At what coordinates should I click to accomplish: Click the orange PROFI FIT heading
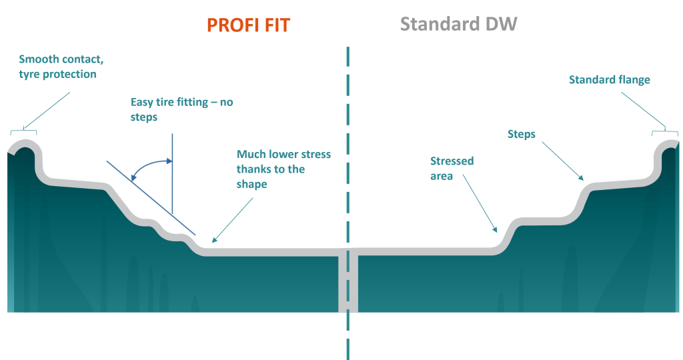click(248, 25)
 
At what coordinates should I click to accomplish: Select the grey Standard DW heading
click(458, 24)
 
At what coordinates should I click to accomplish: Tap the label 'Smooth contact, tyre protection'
click(61, 67)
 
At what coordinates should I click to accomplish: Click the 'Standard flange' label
click(610, 79)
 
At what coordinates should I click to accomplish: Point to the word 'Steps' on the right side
click(522, 134)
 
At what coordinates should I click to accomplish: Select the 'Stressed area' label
click(452, 169)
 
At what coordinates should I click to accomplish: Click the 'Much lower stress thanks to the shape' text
click(283, 169)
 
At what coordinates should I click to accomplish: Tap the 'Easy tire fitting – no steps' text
click(181, 109)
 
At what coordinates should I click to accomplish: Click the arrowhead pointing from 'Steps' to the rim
click(580, 177)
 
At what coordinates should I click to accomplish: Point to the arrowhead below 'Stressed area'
click(494, 229)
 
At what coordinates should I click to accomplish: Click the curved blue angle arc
click(147, 164)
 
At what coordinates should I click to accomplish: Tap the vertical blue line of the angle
click(172, 174)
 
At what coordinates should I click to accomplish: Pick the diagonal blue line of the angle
click(151, 198)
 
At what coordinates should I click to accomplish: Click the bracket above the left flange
click(23, 131)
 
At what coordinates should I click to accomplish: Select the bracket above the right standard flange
click(665, 131)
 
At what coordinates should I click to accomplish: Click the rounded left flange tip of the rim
click(25, 144)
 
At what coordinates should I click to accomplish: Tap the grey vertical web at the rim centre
click(348, 281)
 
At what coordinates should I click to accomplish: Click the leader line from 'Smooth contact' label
click(47, 110)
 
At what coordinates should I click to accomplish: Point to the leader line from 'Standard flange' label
click(644, 110)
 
